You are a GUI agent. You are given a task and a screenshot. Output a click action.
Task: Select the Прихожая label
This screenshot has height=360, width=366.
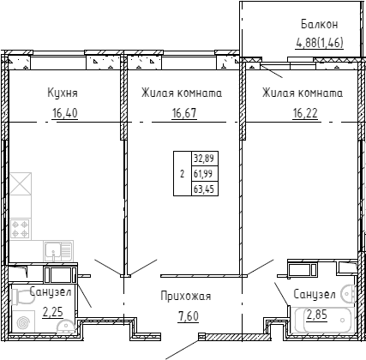(185, 297)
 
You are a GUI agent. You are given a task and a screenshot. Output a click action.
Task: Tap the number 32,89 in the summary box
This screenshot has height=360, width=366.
(205, 158)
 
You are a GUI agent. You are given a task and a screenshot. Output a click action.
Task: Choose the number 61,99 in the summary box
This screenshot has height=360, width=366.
(205, 173)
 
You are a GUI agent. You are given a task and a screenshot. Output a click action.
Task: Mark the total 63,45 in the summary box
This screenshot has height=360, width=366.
(205, 189)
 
